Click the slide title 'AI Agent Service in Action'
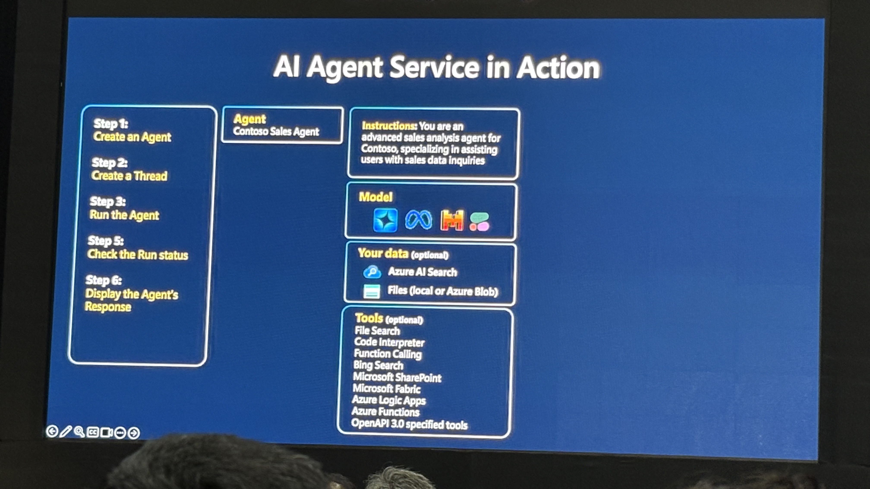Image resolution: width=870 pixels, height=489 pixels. tap(436, 67)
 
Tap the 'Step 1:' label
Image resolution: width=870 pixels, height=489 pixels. tap(111, 124)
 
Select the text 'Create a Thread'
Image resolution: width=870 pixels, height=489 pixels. tap(129, 176)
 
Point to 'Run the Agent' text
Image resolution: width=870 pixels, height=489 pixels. tap(124, 215)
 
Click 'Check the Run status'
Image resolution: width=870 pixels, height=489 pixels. tap(137, 254)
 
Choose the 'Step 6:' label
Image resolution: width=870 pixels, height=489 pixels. tap(103, 280)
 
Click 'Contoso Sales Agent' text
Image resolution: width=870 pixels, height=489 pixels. tap(276, 131)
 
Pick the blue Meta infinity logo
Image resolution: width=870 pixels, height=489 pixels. tap(418, 220)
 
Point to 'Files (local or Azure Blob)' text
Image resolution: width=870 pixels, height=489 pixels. tap(442, 291)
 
